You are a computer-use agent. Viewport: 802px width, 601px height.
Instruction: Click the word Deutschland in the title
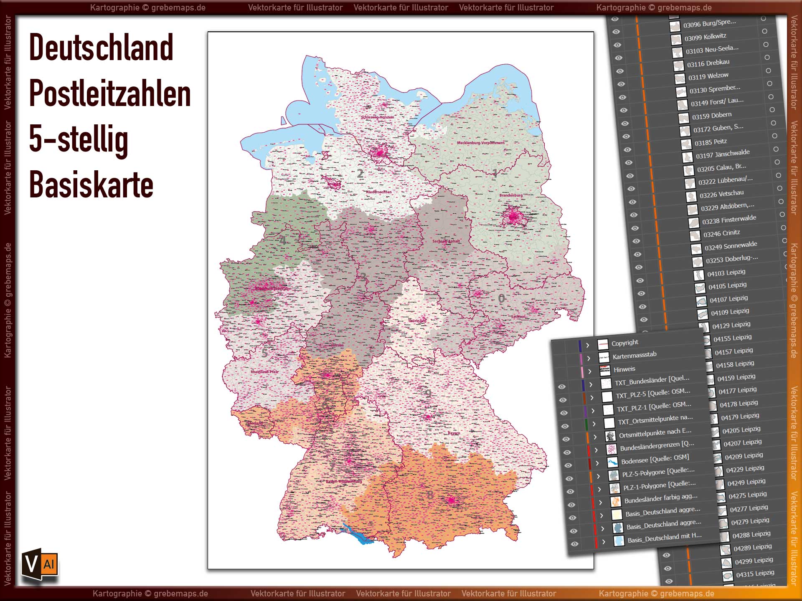(101, 48)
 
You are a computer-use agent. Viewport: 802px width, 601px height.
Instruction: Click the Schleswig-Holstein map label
(377, 117)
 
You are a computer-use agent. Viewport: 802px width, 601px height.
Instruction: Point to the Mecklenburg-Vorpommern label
(480, 143)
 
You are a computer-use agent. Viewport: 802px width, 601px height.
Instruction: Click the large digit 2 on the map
(360, 174)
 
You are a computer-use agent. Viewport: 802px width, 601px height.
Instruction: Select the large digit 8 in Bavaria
(430, 495)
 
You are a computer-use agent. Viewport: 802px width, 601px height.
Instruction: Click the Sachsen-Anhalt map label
(446, 241)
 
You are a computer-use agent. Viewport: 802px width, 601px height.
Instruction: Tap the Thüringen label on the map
(417, 321)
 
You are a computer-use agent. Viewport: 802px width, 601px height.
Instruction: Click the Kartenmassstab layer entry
(634, 356)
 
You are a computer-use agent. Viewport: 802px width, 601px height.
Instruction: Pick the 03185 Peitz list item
(711, 142)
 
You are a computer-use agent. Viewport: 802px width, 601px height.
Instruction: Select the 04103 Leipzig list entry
(726, 273)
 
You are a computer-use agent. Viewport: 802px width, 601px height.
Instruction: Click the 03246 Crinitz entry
(721, 233)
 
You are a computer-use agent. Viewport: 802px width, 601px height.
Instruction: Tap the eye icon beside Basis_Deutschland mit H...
(574, 544)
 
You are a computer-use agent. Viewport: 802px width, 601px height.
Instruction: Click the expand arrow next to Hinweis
(590, 371)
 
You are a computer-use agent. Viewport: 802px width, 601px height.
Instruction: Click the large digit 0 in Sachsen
(501, 298)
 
